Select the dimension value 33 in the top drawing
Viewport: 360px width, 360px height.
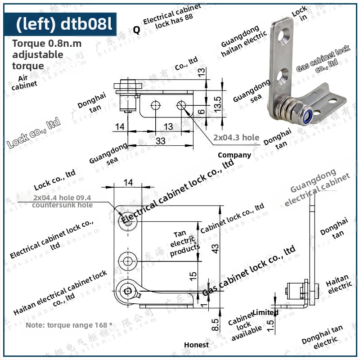(x=160, y=141)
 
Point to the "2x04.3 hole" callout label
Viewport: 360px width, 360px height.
(x=237, y=137)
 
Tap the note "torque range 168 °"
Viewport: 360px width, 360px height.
(x=69, y=325)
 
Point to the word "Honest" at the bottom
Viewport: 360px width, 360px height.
(x=196, y=345)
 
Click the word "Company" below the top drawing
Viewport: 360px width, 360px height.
(x=234, y=155)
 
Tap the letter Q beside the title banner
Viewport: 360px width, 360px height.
(x=136, y=30)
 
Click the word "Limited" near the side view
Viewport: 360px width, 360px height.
(x=265, y=312)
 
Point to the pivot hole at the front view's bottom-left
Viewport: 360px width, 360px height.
(x=130, y=291)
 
